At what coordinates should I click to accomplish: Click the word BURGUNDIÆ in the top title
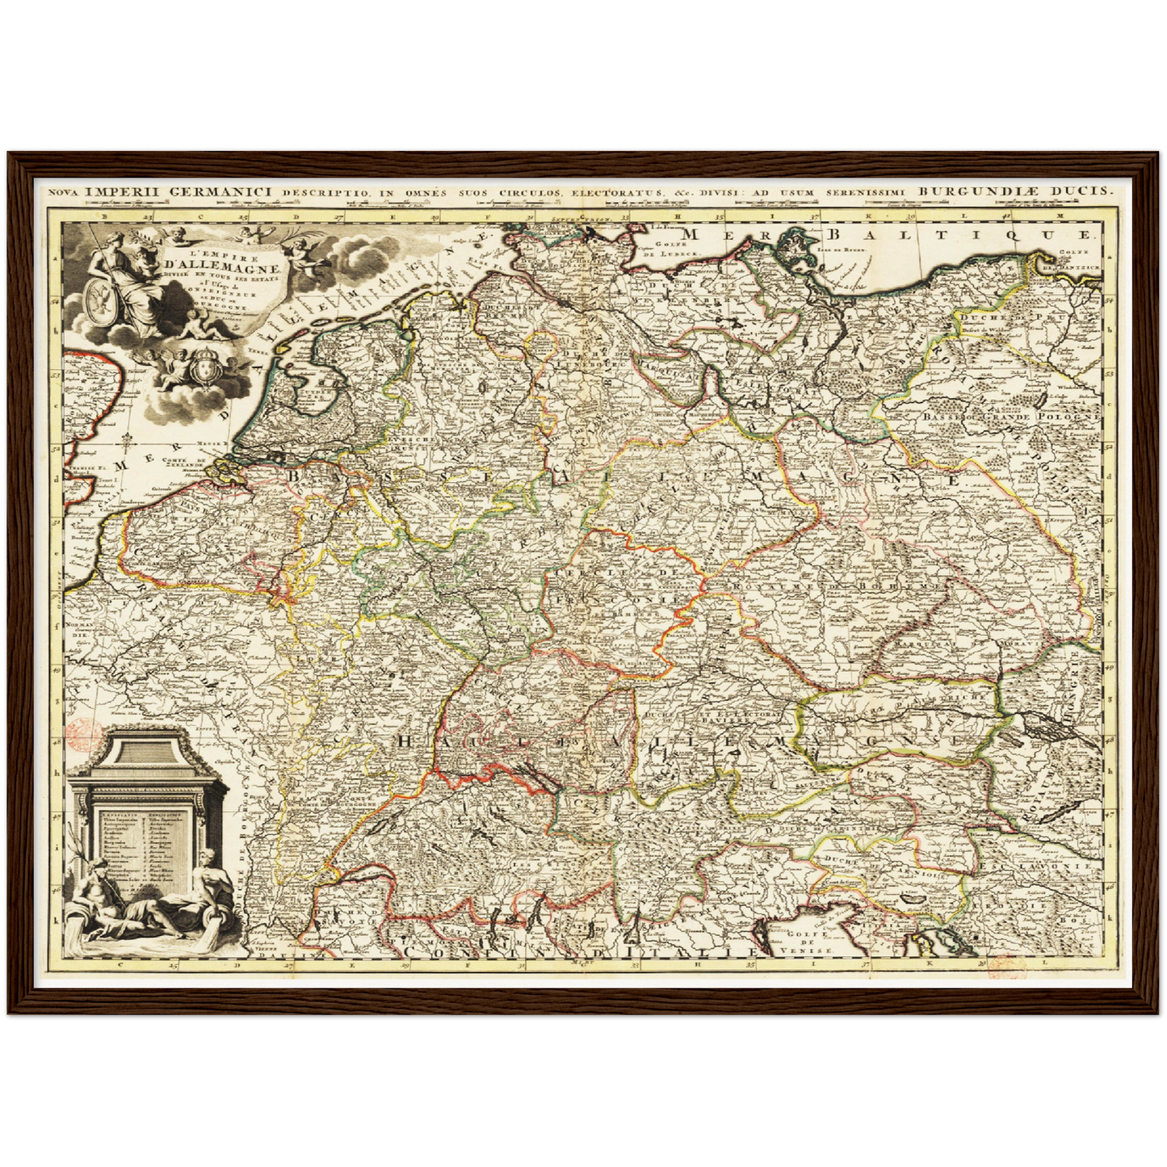pos(981,191)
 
